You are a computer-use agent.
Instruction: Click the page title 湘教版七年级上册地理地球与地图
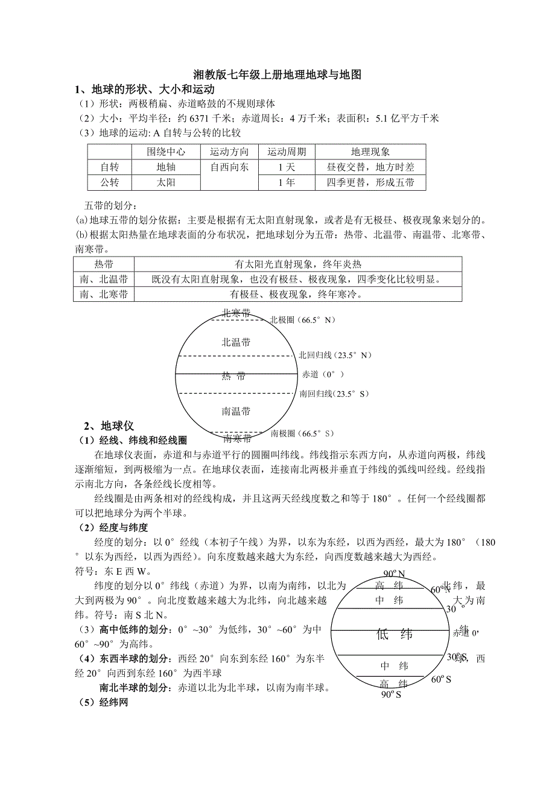277,75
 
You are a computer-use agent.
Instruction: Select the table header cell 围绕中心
166,152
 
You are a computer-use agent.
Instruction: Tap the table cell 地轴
166,167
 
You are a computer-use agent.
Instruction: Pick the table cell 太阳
166,182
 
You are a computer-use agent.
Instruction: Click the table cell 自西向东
229,167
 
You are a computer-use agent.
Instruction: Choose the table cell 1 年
287,182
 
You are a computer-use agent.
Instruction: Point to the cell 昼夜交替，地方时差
370,167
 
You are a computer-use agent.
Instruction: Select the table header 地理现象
370,152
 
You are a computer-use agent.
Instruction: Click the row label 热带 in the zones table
104,264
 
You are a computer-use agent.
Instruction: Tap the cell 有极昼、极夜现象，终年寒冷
297,294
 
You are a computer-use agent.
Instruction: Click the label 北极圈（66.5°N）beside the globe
302,321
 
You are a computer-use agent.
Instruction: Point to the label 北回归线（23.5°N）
335,356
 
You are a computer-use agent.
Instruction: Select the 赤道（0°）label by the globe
323,374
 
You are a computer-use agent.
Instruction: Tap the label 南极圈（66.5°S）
302,433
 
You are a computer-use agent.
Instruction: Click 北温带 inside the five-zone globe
236,342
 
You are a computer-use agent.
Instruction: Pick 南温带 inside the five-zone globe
236,411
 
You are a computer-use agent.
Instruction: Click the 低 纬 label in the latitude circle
395,634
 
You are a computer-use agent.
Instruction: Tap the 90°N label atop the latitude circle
395,574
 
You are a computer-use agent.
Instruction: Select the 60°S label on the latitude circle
442,679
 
